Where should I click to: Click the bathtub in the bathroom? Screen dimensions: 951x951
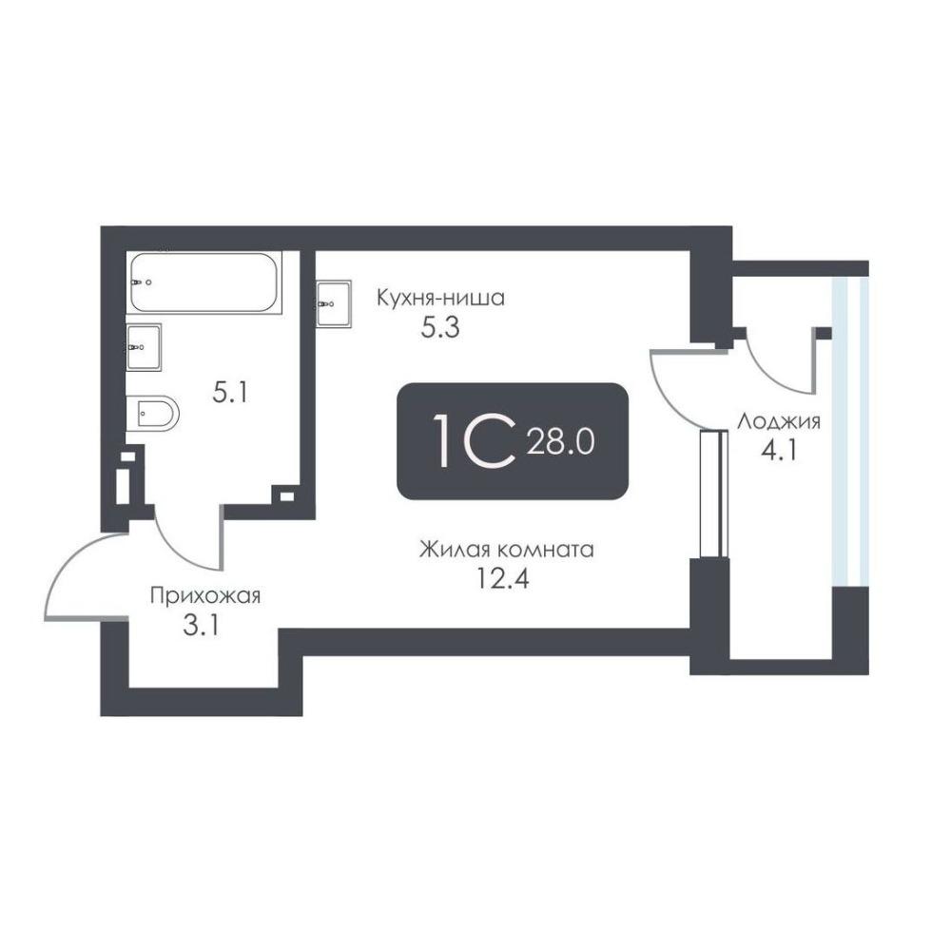(x=204, y=282)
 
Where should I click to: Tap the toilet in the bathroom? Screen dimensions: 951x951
(x=153, y=414)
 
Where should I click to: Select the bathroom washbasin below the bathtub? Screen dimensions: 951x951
(x=145, y=347)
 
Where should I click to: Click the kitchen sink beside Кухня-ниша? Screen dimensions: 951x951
(x=334, y=303)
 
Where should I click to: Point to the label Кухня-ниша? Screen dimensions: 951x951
(x=440, y=299)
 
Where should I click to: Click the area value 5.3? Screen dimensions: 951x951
(x=440, y=328)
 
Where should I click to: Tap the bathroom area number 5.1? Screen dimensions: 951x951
(x=230, y=393)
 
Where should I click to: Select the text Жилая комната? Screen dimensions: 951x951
(x=507, y=550)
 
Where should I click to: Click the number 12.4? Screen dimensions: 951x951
(x=503, y=578)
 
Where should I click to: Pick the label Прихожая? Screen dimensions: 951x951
(x=205, y=595)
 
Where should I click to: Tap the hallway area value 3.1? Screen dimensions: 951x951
(x=201, y=626)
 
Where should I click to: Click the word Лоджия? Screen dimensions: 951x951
(x=779, y=421)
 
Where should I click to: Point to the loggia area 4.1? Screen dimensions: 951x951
(x=779, y=451)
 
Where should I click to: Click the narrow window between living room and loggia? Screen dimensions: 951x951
(x=714, y=493)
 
